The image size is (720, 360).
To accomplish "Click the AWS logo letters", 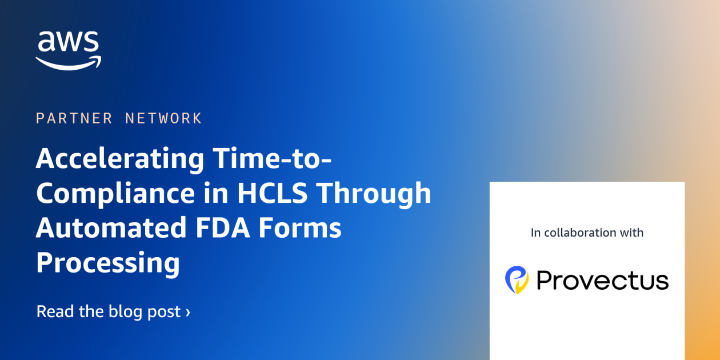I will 68,43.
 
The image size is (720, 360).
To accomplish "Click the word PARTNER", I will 74,118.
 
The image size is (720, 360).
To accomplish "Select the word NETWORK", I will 163,118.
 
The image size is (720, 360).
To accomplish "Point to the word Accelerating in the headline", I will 119,158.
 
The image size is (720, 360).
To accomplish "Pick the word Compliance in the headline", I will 115,193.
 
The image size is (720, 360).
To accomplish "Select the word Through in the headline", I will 374,193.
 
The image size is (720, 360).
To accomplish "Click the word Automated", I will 111,228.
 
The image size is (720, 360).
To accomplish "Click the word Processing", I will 108,263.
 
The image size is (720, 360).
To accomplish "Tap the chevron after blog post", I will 187,312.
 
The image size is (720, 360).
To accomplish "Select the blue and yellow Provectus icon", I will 517,280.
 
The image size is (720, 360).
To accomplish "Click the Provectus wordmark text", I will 602,281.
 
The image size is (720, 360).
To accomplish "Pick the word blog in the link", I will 123,311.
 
